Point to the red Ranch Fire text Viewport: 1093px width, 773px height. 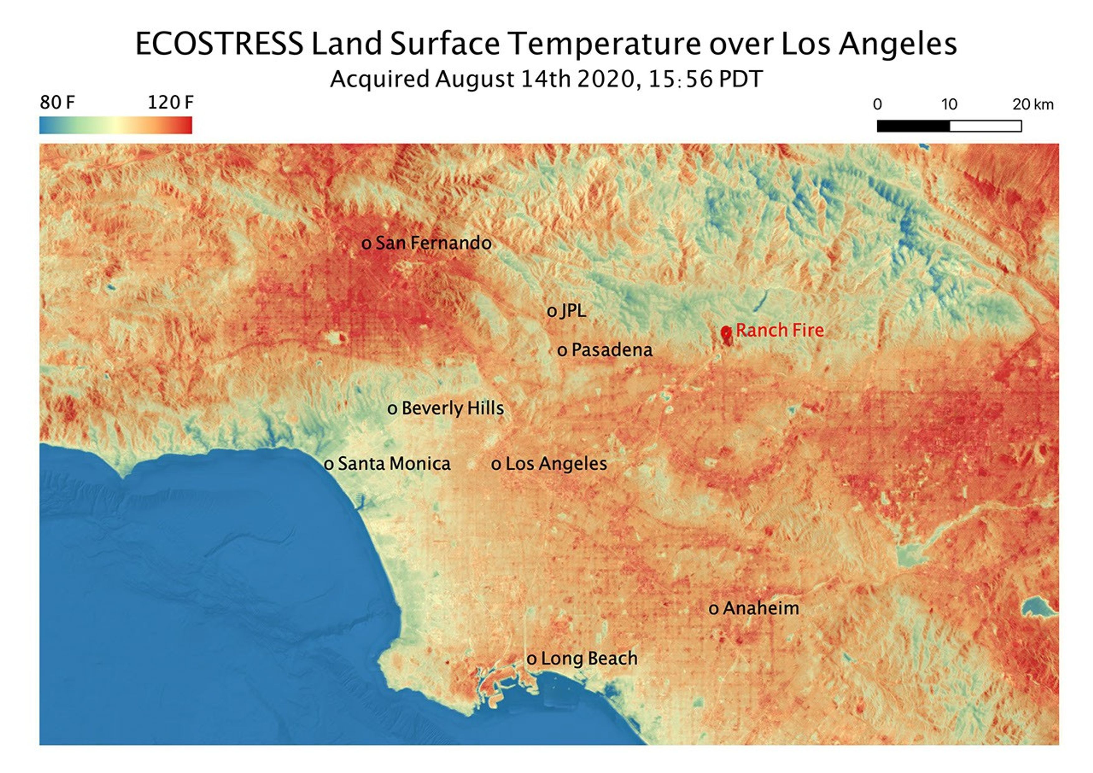[x=780, y=330]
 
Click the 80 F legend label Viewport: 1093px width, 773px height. [x=57, y=102]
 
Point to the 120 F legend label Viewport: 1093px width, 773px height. [x=170, y=102]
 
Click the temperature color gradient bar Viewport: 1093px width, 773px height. [x=116, y=125]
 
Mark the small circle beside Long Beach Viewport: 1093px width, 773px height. [x=532, y=660]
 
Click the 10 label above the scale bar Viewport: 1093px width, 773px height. [x=949, y=104]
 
